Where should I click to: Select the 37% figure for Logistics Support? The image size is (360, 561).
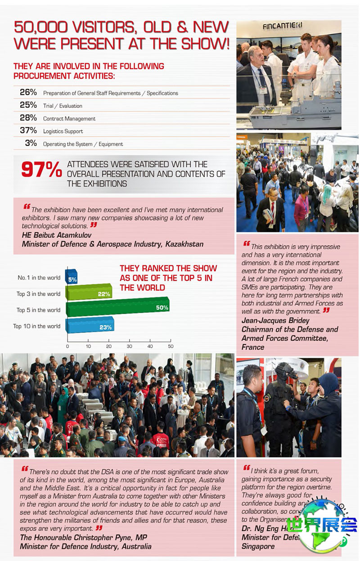tap(28, 130)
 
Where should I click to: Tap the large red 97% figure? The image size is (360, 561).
tap(41, 170)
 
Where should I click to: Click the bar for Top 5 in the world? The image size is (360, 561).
tap(117, 307)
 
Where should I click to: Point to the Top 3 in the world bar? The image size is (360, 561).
tap(89, 292)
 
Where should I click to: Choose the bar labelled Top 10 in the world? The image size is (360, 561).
tap(90, 325)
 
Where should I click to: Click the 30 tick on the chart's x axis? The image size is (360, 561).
tap(129, 346)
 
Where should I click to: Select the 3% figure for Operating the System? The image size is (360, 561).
tap(31, 144)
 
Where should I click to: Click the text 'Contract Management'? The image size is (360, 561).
tap(69, 119)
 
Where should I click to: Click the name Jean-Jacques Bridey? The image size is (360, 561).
tap(275, 320)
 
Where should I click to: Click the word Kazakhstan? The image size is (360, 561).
tap(184, 244)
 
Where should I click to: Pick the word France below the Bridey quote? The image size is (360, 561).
tap(253, 347)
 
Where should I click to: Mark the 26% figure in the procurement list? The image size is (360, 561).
tap(28, 92)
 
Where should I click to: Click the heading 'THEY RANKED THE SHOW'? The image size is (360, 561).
tap(168, 268)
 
